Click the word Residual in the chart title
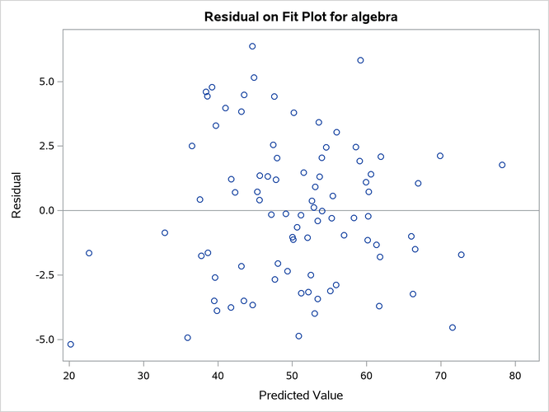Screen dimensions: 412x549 [x=229, y=16]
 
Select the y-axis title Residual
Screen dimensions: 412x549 [x=16, y=195]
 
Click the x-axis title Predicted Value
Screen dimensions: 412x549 [x=301, y=396]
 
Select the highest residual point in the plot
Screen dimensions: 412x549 [x=252, y=46]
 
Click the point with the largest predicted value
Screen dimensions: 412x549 [x=502, y=165]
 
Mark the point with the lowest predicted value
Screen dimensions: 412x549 [x=70, y=344]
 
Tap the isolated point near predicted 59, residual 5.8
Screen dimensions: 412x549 [x=360, y=60]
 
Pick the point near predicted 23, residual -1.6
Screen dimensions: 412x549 [x=89, y=253]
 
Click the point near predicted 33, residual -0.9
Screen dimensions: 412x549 [x=165, y=232]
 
